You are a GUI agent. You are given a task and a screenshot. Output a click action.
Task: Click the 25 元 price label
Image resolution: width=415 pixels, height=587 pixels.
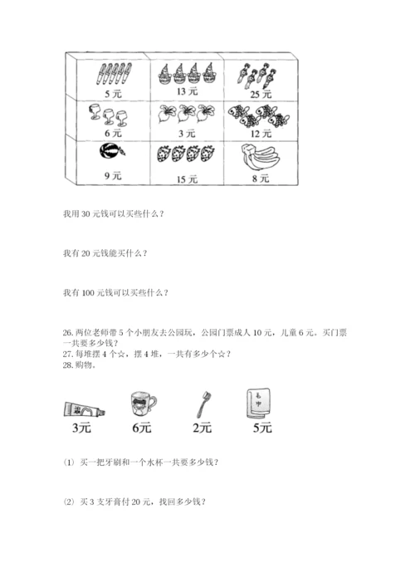261,94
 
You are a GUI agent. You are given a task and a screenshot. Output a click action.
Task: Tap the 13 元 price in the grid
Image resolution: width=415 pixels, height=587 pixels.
187,91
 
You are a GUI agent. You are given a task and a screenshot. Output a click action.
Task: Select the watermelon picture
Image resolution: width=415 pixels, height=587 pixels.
112,152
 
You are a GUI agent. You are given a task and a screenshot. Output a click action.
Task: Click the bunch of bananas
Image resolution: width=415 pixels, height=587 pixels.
261,158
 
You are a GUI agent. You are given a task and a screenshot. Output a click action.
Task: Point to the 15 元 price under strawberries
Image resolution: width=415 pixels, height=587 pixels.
187,179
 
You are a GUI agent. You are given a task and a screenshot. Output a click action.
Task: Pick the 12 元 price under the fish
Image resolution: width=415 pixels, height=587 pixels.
261,134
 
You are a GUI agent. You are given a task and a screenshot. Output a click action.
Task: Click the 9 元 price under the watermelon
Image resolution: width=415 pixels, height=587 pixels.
113,175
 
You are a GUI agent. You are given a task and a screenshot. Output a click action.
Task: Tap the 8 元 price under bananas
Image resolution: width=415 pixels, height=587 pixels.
261,179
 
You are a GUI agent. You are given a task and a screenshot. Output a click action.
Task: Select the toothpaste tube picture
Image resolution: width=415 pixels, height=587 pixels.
84,409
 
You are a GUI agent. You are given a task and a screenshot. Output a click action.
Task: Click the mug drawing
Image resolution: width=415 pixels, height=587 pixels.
144,404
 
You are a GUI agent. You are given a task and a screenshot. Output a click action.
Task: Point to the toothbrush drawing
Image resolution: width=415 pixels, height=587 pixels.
204,404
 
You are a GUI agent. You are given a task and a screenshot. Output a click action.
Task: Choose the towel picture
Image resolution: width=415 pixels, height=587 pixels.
259,403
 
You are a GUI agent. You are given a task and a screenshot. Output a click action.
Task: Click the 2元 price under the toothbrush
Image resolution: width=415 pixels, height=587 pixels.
202,428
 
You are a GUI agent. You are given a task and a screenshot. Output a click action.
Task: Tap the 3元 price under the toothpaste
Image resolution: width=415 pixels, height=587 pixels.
81,428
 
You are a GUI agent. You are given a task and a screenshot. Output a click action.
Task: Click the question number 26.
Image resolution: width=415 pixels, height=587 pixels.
68,332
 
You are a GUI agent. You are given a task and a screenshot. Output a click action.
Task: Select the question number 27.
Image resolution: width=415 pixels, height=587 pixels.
68,354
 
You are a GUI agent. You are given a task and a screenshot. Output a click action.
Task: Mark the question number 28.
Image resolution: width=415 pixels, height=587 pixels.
68,365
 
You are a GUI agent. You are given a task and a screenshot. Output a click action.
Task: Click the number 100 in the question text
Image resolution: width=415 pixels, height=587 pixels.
88,293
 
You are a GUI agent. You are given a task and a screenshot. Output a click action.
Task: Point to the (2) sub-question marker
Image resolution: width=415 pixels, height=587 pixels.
69,501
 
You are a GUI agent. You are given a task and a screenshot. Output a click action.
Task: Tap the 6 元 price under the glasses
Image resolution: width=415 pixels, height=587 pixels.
113,133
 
